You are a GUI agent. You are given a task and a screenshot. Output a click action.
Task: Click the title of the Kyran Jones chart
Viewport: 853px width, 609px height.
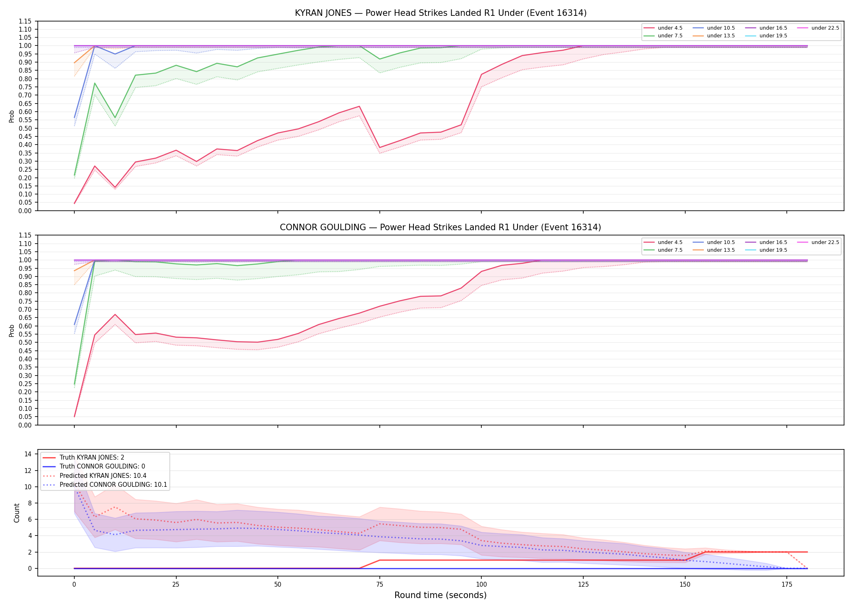[x=441, y=13]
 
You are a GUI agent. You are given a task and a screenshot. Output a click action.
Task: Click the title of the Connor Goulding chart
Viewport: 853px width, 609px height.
[x=441, y=227]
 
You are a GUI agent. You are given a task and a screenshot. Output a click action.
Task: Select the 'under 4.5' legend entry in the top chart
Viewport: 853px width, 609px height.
[x=663, y=28]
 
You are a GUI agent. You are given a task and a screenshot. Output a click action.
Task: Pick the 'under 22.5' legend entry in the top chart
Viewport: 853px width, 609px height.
[x=818, y=28]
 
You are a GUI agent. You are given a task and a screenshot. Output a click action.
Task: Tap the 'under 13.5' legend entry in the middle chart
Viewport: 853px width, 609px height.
[x=714, y=250]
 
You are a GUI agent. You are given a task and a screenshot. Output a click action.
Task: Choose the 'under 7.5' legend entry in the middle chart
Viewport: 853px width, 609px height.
[x=663, y=250]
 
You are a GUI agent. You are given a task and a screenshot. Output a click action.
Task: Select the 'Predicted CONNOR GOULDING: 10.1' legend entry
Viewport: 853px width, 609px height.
[x=105, y=485]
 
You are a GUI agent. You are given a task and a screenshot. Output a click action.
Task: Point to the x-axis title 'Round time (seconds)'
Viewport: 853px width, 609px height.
[x=441, y=595]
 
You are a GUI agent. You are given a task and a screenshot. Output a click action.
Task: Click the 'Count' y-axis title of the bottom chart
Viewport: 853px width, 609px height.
[x=17, y=513]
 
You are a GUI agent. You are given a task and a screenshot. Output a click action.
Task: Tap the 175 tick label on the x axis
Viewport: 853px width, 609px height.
[x=787, y=585]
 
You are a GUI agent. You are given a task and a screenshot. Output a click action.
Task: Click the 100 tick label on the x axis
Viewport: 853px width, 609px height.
[x=481, y=585]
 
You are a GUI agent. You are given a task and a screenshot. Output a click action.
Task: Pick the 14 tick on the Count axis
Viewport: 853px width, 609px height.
[x=28, y=454]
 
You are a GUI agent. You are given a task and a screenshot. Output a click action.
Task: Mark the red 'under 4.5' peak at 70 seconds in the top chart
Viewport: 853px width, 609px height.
[x=359, y=106]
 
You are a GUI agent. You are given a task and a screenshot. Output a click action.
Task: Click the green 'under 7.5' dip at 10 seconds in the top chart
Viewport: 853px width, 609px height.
[x=115, y=118]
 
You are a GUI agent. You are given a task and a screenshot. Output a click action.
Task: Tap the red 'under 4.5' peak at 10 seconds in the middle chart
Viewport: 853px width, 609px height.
[x=115, y=314]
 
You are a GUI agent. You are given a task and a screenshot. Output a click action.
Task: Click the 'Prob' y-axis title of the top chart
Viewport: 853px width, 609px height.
[x=12, y=116]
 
